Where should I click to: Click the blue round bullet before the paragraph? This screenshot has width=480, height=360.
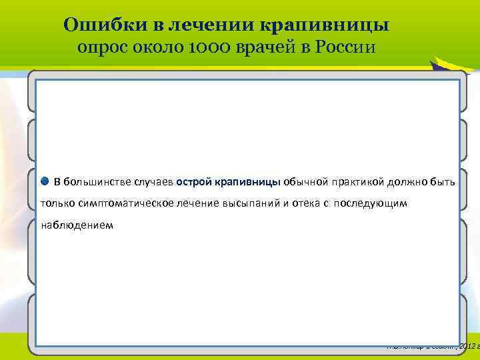[x=44, y=181]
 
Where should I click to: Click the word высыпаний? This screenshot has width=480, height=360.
[x=256, y=203]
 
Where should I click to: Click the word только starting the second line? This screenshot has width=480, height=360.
[x=57, y=203]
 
